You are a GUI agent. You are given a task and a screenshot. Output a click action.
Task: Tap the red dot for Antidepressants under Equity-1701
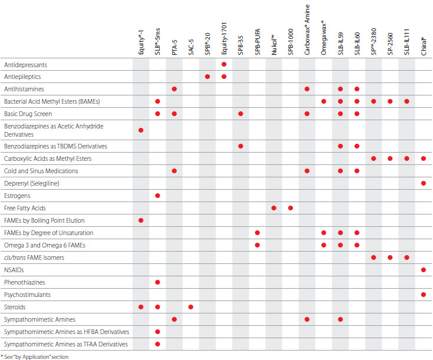click(224, 64)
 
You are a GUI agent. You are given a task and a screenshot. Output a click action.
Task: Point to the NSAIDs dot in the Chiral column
click(424, 270)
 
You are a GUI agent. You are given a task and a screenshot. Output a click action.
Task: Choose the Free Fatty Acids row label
click(25, 208)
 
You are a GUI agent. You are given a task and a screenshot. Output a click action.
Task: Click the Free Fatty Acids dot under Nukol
click(274, 208)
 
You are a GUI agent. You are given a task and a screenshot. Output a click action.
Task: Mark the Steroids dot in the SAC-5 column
click(191, 307)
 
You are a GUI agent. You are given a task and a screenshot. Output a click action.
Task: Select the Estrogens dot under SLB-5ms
click(158, 196)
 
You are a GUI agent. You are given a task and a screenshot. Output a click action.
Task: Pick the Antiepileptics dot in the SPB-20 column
click(207, 77)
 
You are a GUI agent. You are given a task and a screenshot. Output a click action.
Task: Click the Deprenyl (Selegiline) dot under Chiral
click(424, 183)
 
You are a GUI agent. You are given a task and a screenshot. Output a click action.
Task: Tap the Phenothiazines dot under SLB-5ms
click(158, 282)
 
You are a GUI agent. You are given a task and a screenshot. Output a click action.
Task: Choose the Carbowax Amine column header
click(308, 29)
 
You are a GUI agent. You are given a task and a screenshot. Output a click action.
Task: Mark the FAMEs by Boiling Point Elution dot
click(141, 220)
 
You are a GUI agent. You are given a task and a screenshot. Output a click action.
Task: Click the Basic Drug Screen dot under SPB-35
click(241, 114)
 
